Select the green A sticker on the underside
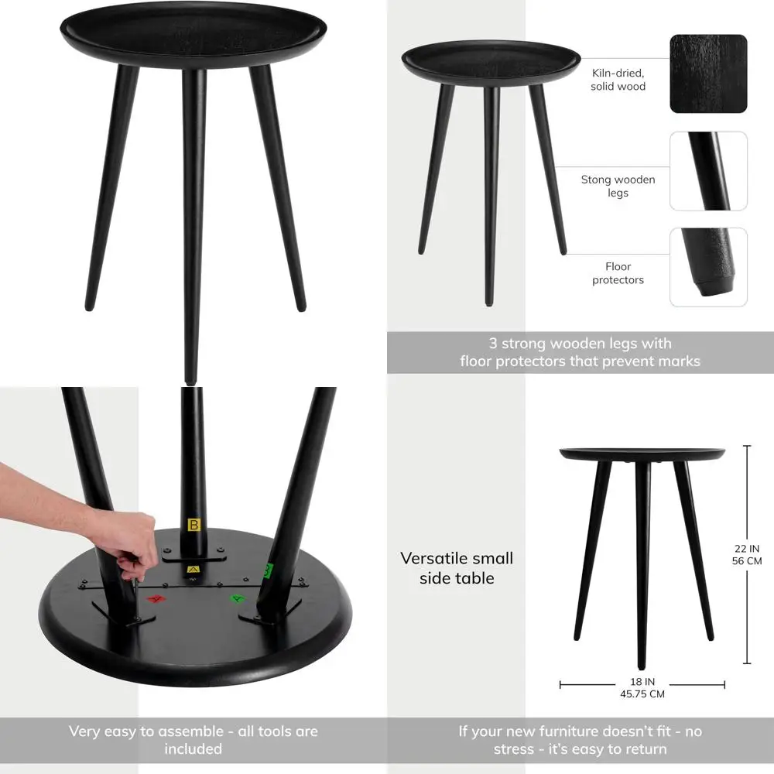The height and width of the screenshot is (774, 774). [236, 598]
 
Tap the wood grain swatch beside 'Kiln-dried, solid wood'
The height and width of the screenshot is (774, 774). [708, 74]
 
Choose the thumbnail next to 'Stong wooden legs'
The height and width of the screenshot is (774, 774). [708, 171]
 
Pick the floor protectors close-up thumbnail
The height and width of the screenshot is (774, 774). [708, 267]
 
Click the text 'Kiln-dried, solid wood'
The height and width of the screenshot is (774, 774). [618, 80]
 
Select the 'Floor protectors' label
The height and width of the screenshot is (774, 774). [618, 273]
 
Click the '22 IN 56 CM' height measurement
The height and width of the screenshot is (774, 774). [747, 555]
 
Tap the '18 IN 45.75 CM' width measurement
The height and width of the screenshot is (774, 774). [642, 687]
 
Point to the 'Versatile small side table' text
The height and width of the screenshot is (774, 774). [457, 568]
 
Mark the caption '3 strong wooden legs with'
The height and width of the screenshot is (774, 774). [580, 343]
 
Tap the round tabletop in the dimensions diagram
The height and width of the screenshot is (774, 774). [642, 453]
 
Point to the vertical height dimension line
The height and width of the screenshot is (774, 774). [746, 495]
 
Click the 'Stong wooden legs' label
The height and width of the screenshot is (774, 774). [618, 186]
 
